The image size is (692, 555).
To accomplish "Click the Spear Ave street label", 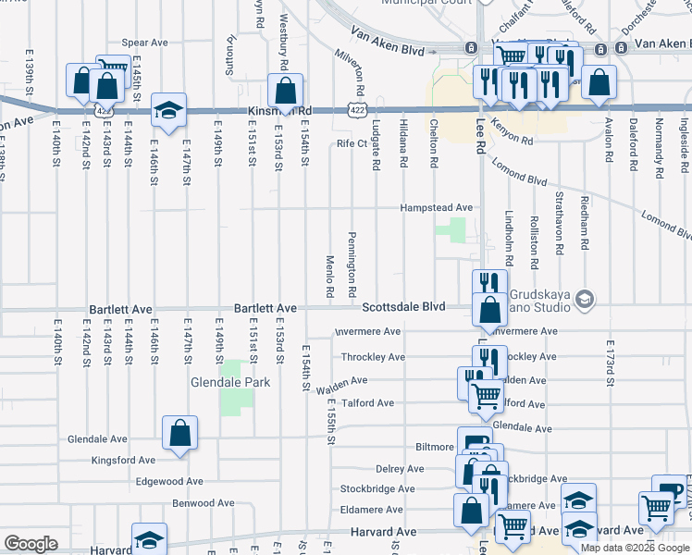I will pos(144,43).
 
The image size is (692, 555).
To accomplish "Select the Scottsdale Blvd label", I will pos(402,307).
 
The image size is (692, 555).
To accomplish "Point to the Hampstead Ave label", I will pos(436,208).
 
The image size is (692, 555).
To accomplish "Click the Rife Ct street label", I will pos(352,143).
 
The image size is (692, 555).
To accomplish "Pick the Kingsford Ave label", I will pos(123,460).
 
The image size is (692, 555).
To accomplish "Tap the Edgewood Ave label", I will pos(168,481).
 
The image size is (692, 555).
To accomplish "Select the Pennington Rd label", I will pos(353,265).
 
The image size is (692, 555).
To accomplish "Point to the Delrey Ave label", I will pos(401,469).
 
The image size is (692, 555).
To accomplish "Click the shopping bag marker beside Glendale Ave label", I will pos(179,431).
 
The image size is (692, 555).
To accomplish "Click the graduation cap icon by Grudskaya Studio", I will pos(585,299).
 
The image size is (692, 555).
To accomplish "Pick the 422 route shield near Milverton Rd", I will pos(355,110).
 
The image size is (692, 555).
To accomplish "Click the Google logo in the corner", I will pos(31,544).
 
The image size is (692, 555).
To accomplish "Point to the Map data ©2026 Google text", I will pos(635,548).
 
